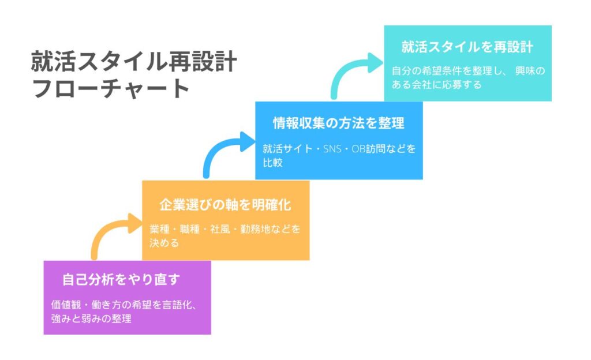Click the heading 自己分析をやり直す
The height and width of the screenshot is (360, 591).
[x=122, y=280]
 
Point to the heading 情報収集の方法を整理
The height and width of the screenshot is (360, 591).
[x=338, y=123]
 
